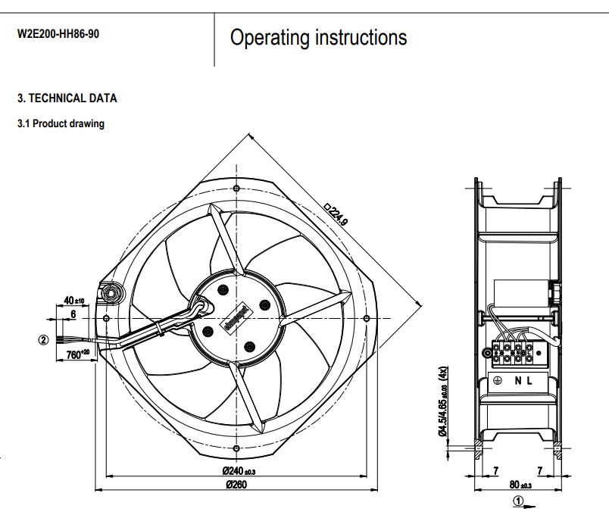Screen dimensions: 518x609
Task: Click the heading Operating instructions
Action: [318, 37]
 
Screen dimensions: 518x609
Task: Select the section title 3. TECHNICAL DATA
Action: [67, 98]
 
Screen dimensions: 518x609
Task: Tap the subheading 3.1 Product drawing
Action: [61, 123]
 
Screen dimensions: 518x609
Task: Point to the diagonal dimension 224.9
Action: [336, 214]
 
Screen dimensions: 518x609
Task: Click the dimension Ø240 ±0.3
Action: [239, 472]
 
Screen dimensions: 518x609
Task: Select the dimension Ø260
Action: [237, 485]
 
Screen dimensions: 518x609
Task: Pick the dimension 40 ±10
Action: [73, 301]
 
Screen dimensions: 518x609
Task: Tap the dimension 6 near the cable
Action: [73, 313]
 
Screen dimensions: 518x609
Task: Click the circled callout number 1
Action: [518, 500]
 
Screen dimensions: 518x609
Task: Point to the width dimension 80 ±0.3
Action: [520, 485]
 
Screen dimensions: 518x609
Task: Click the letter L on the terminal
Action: [530, 381]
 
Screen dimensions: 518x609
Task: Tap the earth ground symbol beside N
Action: [498, 381]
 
